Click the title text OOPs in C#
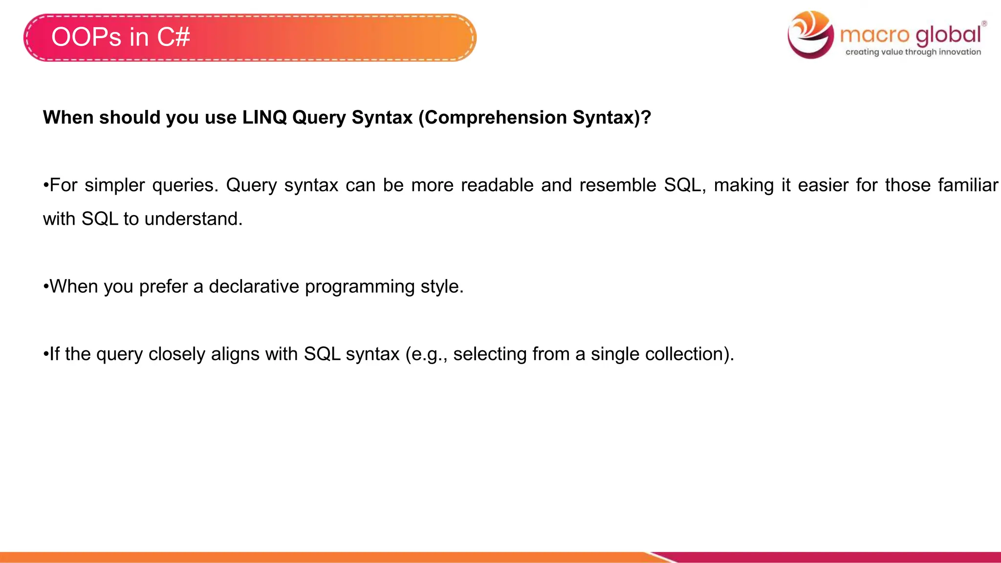[120, 37]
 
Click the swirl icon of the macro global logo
[810, 34]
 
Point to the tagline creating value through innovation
[913, 52]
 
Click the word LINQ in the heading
[264, 117]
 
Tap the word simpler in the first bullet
[114, 185]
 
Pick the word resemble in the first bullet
[618, 185]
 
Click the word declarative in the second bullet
[254, 286]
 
